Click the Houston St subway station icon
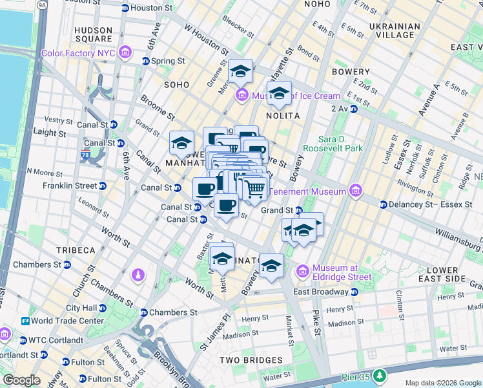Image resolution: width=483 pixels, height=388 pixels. point(125,8)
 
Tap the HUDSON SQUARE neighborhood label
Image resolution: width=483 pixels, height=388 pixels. point(94,35)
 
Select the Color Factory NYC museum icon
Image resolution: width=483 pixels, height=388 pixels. point(125,52)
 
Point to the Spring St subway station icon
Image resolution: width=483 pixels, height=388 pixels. point(146,61)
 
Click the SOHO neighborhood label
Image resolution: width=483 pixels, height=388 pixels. point(176,84)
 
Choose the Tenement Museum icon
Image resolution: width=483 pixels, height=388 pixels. point(355,191)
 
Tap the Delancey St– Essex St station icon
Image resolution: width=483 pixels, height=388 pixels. point(384,204)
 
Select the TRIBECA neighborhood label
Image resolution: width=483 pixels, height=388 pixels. point(75,250)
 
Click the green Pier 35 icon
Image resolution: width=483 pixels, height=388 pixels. point(381,375)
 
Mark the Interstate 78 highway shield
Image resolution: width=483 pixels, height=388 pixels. point(85,156)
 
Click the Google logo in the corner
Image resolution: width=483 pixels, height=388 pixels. point(22,380)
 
